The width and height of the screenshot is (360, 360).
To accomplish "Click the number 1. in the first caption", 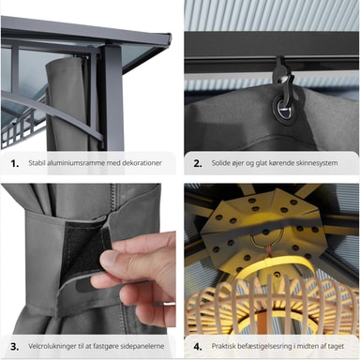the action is (15, 163).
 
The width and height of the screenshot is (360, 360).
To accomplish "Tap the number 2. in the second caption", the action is (198, 163).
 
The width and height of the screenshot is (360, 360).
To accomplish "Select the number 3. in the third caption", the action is (15, 347).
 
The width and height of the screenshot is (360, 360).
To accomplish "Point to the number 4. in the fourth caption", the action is (198, 347).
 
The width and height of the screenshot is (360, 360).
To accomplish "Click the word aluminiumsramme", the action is (75, 163).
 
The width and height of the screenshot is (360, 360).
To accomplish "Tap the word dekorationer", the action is (142, 163).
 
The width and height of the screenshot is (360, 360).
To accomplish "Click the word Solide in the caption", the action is (221, 163).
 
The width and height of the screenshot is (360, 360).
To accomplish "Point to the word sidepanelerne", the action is (142, 346).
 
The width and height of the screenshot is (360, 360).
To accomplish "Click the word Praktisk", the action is (223, 346).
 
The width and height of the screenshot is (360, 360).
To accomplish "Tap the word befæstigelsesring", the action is (263, 346).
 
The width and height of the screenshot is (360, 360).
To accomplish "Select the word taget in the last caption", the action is (336, 346).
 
